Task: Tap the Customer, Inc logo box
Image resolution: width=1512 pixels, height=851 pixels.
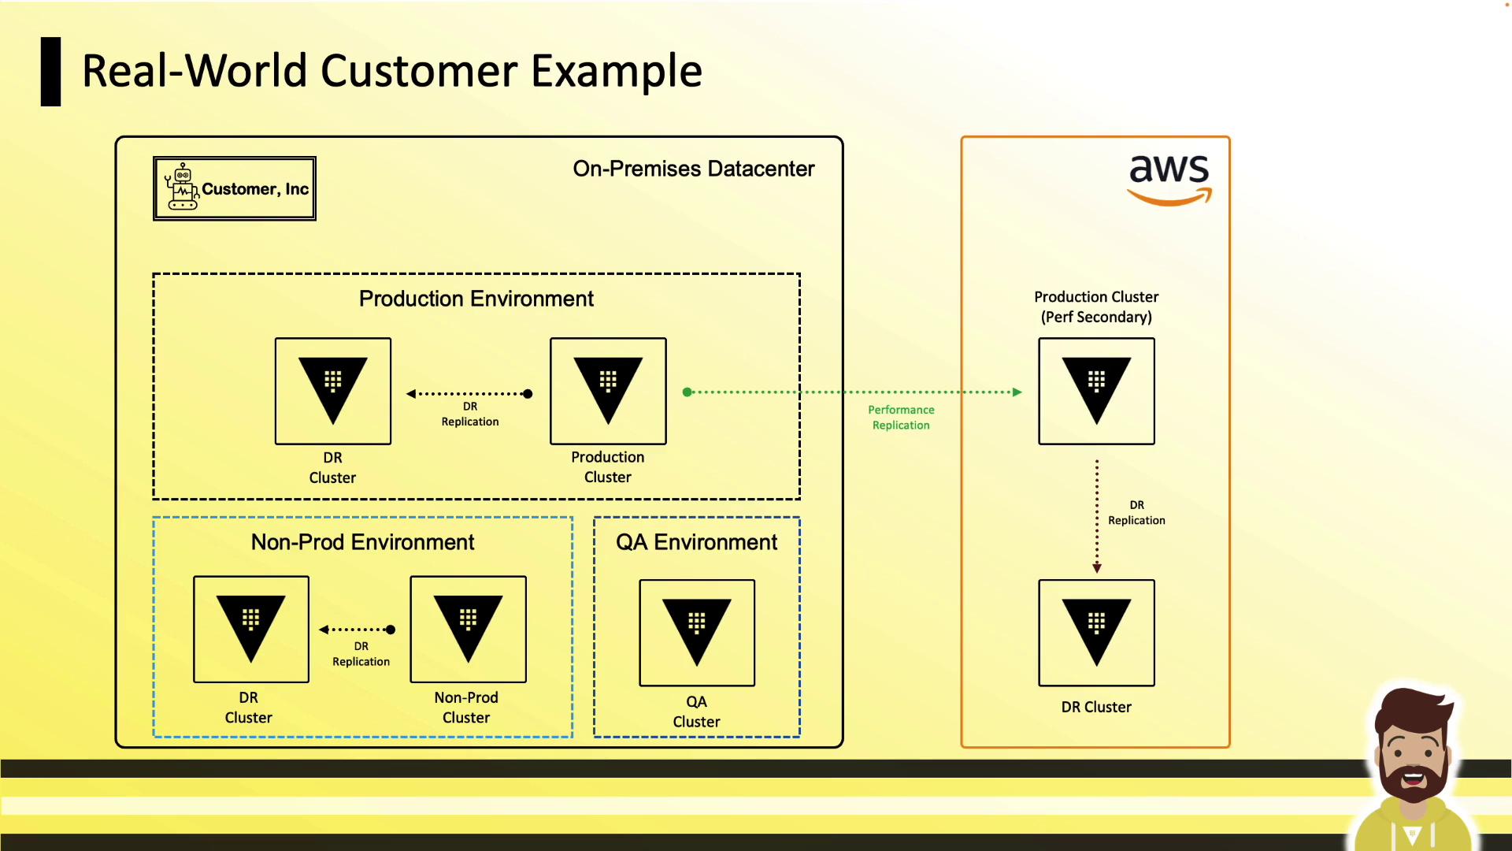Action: coord(235,188)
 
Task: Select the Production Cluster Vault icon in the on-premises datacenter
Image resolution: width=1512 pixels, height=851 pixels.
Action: coord(608,391)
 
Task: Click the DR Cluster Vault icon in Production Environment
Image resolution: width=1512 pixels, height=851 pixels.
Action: coord(333,391)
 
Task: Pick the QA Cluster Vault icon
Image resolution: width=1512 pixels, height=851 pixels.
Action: coord(697,633)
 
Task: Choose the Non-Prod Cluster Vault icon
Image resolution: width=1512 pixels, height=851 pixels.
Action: coord(469,629)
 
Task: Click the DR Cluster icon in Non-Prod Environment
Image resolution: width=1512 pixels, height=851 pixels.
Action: coord(251,629)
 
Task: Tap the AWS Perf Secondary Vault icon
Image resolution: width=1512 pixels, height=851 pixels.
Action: coord(1096,391)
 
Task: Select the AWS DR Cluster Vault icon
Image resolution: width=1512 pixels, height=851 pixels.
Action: coord(1096,633)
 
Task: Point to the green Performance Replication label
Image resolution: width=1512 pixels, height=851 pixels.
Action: coord(901,418)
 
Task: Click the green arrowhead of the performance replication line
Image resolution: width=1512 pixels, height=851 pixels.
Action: coord(1017,392)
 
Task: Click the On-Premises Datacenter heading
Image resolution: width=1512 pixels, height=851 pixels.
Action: coord(694,169)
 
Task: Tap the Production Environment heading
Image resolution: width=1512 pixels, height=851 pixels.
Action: coord(476,299)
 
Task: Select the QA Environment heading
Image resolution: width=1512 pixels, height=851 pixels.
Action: coord(696,542)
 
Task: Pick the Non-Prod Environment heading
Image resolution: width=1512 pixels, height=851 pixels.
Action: coord(362,542)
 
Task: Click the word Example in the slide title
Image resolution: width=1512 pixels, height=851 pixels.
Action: coord(617,71)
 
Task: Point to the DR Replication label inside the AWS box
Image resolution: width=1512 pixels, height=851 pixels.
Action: coord(1136,513)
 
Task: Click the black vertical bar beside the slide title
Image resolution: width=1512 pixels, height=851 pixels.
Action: coord(50,72)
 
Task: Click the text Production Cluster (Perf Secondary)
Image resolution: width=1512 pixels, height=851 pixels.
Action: coord(1096,307)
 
